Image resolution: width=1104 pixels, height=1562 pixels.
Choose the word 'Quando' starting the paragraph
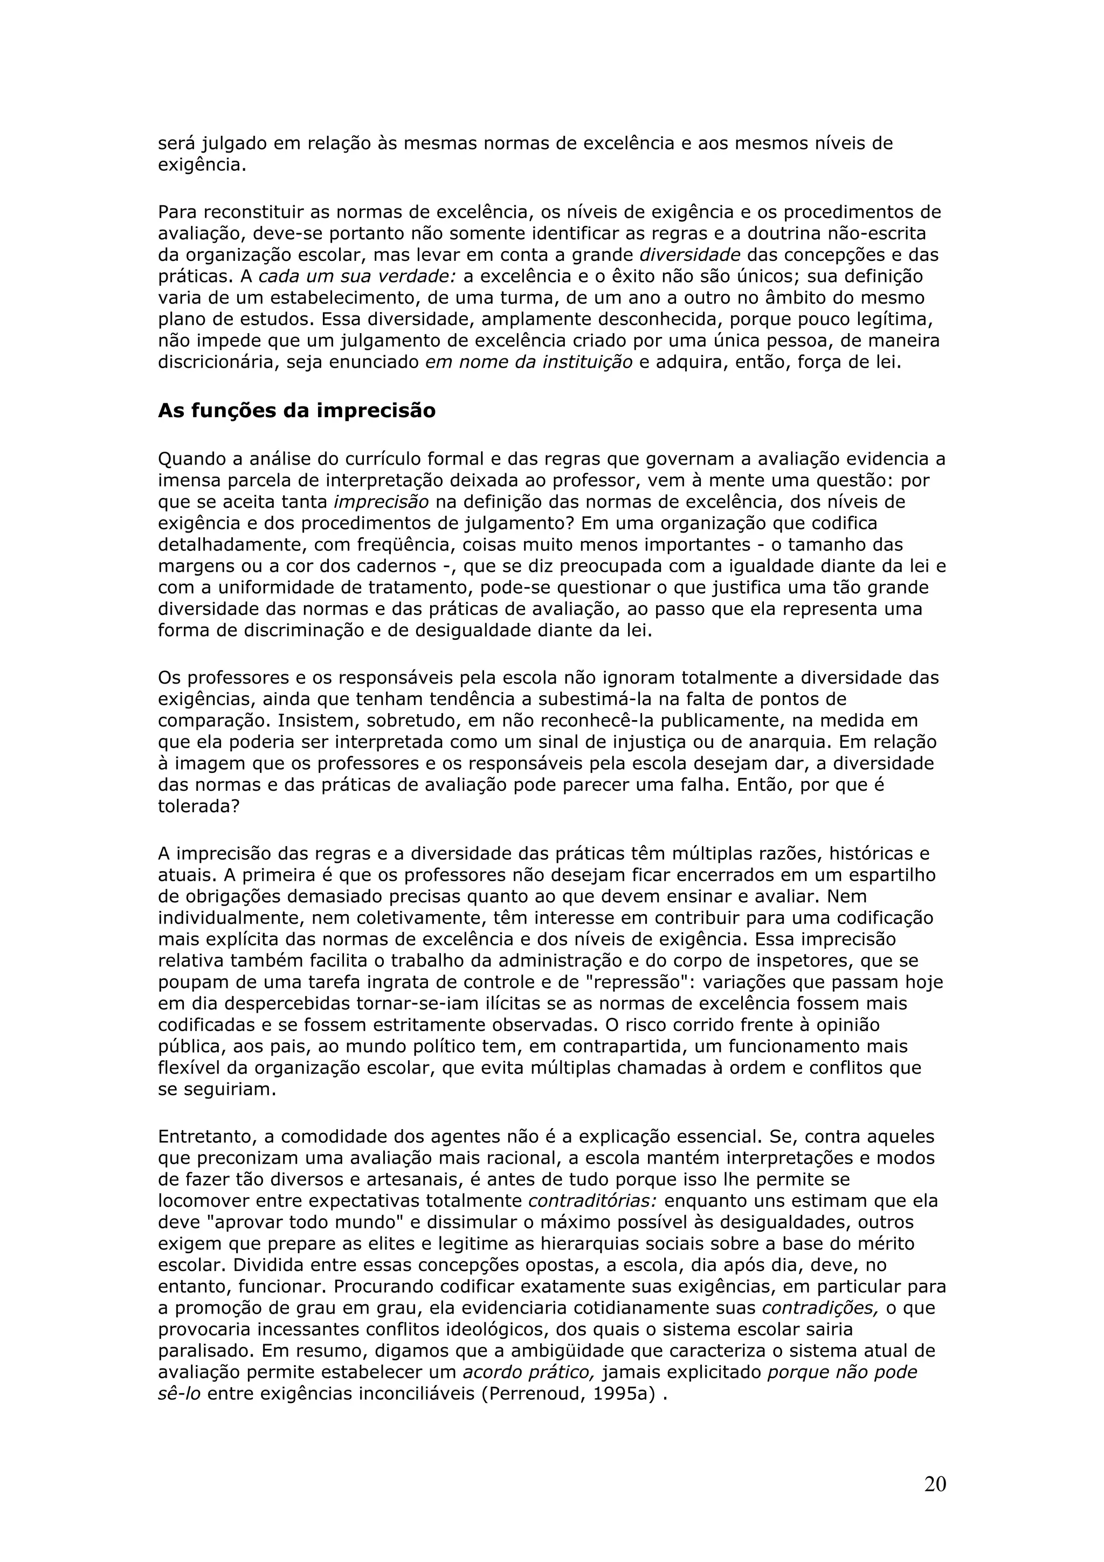point(192,460)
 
